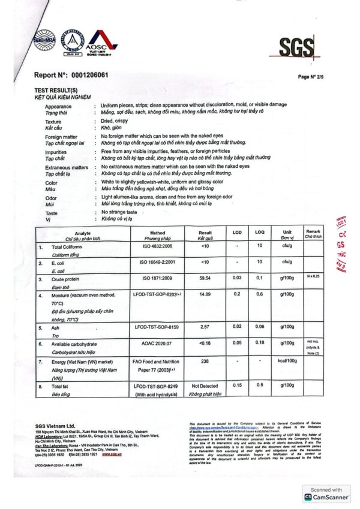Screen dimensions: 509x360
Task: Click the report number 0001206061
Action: [89, 75]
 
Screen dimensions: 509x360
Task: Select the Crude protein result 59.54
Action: [205, 278]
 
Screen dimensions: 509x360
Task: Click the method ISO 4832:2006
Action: [157, 246]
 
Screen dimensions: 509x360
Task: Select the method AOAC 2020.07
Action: [157, 344]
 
